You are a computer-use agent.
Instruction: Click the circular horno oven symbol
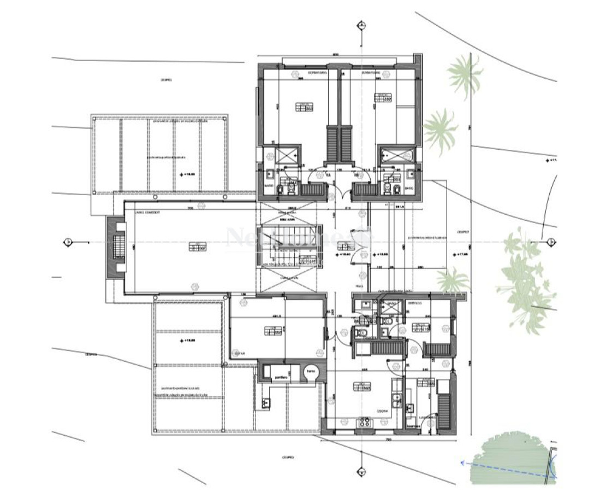tap(311, 372)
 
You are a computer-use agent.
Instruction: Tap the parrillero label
tap(282, 377)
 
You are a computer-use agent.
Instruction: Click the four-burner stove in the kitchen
tap(363, 421)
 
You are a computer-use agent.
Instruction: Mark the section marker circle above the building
tap(361, 25)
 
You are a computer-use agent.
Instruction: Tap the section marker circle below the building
tap(361, 471)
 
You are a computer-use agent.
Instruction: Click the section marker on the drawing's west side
tap(68, 241)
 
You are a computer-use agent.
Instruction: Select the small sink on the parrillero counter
tap(266, 403)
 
